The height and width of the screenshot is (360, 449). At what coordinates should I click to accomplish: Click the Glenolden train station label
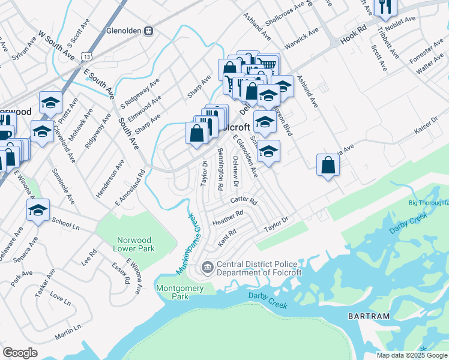(125, 31)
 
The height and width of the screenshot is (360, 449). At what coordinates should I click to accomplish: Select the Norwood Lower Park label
(135, 244)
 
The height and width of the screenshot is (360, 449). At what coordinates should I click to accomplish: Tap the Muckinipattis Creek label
(187, 244)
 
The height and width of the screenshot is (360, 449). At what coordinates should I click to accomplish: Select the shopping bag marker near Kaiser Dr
(328, 165)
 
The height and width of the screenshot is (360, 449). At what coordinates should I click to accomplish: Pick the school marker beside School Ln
(38, 211)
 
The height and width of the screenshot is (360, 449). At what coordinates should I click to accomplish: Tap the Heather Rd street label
(228, 217)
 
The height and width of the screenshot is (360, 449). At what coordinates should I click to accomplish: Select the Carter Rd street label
(244, 201)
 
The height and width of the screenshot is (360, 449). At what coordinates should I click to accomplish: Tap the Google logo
(20, 352)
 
